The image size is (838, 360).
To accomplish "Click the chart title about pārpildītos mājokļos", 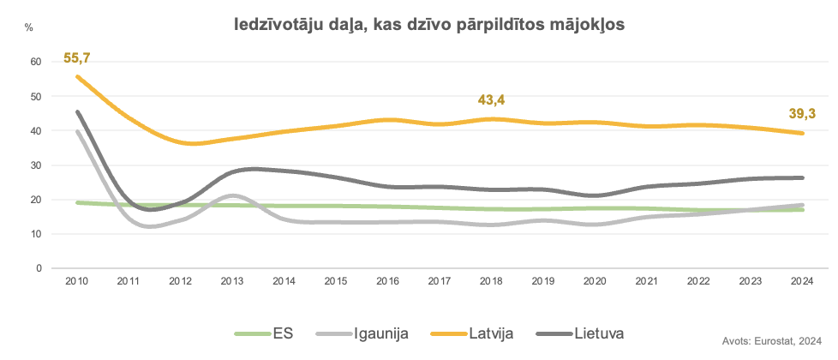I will (x=429, y=26).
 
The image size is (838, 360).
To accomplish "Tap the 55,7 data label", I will (x=77, y=59).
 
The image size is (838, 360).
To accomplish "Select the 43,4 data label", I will (x=492, y=100).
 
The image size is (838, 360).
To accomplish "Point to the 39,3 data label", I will (x=802, y=114).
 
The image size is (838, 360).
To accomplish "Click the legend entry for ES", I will (x=265, y=333).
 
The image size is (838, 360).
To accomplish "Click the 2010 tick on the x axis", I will (x=77, y=281).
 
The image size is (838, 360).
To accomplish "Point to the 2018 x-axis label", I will (x=492, y=281).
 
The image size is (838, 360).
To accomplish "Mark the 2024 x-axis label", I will (x=802, y=281).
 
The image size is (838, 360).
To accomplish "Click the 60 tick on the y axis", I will (x=34, y=62).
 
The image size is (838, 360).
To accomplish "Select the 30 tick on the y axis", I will (x=34, y=165).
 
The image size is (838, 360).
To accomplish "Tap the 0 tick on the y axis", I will (x=38, y=267).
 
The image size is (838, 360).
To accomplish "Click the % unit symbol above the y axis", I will (x=29, y=28).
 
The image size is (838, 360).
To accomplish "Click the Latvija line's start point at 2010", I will (x=77, y=76).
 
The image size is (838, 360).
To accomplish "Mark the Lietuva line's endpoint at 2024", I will (x=802, y=177).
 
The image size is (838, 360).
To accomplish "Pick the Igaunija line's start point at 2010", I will (x=77, y=131).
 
